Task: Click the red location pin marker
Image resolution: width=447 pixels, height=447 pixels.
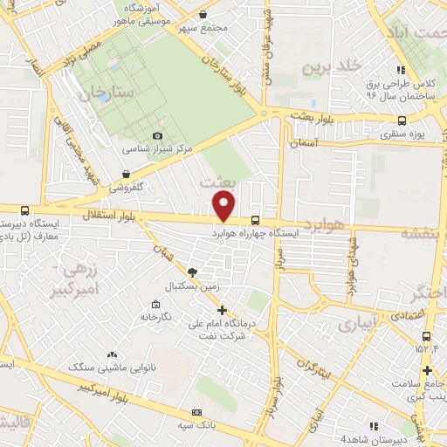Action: coord(224,204)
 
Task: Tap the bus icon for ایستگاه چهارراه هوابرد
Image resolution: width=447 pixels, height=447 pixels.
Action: coord(254,221)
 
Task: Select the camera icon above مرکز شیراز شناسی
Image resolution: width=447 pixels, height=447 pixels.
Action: coord(157,135)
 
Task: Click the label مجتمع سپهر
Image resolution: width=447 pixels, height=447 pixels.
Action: coord(203,28)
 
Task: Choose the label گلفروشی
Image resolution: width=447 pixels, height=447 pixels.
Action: coord(131,187)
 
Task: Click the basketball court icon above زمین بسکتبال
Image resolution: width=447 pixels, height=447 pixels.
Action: coord(192,272)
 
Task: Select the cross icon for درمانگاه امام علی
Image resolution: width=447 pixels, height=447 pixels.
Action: coord(222,309)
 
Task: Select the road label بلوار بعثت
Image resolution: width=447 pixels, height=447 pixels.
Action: coord(290,115)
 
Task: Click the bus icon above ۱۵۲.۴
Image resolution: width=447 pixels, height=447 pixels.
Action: coord(426,336)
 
